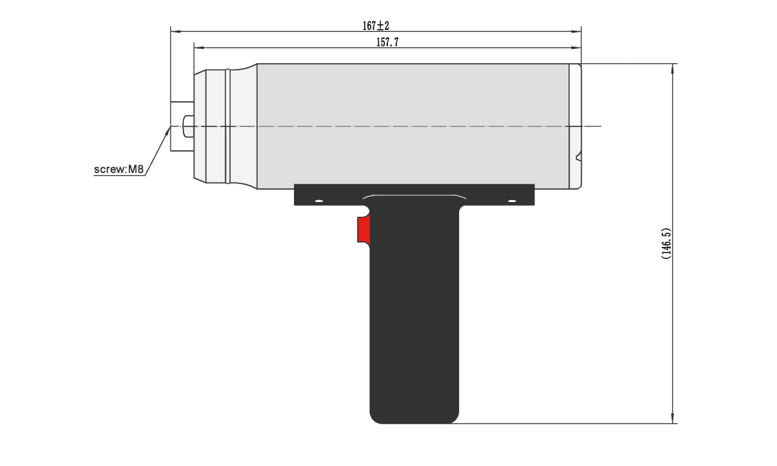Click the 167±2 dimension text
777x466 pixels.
(x=376, y=26)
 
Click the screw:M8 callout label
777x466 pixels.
(x=118, y=169)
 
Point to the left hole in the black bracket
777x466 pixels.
(x=318, y=201)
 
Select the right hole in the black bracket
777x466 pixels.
(x=511, y=201)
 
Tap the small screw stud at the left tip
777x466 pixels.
(x=188, y=126)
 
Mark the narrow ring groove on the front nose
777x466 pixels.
(x=228, y=126)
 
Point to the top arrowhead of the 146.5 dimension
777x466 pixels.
(x=673, y=68)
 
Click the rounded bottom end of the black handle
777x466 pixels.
(x=414, y=416)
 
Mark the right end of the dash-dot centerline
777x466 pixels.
(x=600, y=126)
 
